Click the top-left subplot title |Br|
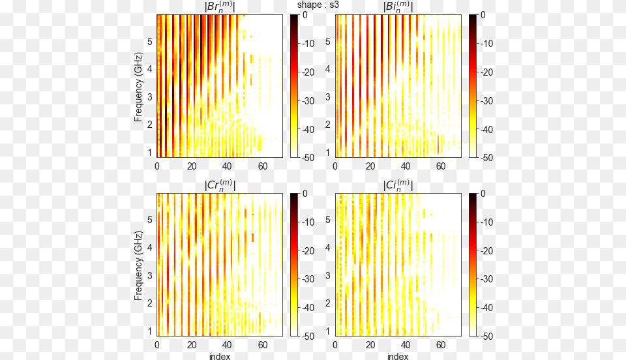pyautogui.click(x=220, y=7)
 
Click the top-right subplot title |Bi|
pyautogui.click(x=398, y=7)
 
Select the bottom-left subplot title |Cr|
pyautogui.click(x=220, y=186)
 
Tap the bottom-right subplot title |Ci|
pyautogui.click(x=398, y=186)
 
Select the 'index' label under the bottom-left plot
pyautogui.click(x=219, y=356)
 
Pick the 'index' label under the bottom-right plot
pyautogui.click(x=398, y=356)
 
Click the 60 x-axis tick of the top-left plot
pyautogui.click(x=262, y=166)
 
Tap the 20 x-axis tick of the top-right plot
pyautogui.click(x=370, y=166)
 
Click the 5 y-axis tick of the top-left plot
pyautogui.click(x=149, y=41)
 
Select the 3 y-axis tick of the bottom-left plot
pyautogui.click(x=149, y=276)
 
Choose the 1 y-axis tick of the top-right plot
pyautogui.click(x=328, y=153)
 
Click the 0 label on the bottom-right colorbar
pyautogui.click(x=483, y=193)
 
